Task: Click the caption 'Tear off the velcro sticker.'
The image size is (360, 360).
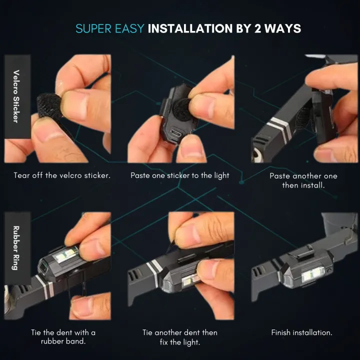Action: click(62, 176)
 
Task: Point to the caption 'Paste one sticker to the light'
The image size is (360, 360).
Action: click(180, 175)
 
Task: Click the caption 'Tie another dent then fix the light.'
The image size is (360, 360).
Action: click(180, 336)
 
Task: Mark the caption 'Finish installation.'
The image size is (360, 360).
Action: click(301, 332)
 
